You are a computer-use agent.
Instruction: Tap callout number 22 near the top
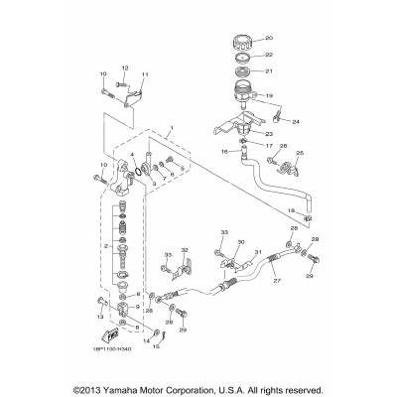269,56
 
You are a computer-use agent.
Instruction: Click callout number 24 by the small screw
295,122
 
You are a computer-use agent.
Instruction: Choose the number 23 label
268,133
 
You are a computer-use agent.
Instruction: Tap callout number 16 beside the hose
224,152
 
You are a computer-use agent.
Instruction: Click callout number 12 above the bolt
125,67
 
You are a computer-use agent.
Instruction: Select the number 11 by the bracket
145,75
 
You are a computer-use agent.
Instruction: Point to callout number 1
172,129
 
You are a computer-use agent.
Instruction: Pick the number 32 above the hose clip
185,250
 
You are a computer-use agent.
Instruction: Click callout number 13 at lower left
101,316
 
